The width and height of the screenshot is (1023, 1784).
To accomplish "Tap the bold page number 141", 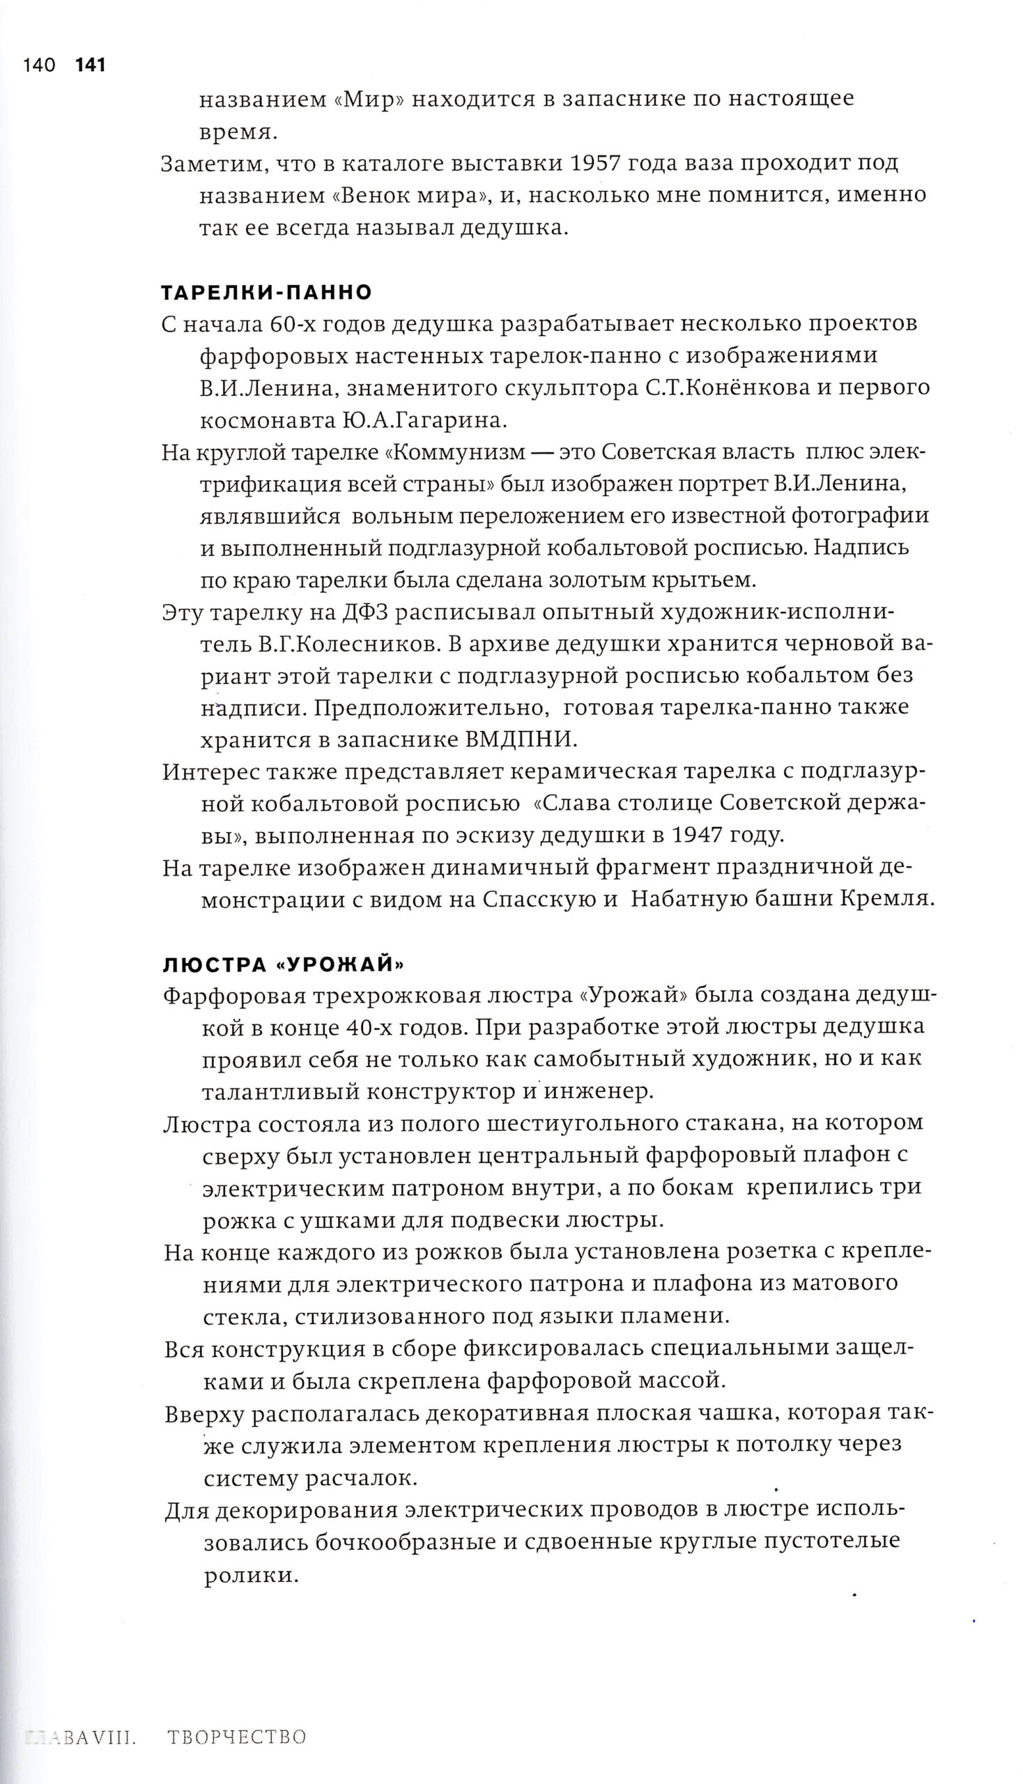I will (x=90, y=66).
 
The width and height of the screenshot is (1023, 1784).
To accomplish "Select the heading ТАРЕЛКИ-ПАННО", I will (x=266, y=291).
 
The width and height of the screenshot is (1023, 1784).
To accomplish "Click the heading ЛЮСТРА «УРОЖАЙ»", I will (x=283, y=964).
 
